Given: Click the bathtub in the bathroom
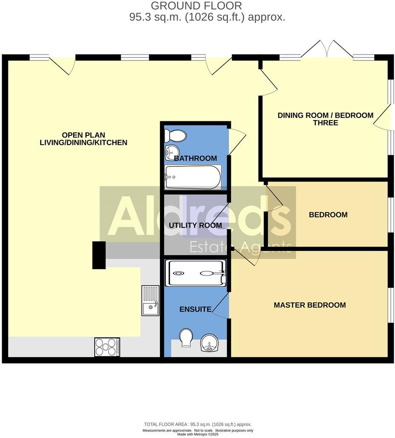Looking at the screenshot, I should click(193, 177).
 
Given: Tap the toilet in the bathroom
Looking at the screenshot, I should click(176, 136).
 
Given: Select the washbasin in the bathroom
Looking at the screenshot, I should click(172, 152).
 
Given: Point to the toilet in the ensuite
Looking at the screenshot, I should click(186, 338).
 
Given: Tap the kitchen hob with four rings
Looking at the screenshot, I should click(107, 347).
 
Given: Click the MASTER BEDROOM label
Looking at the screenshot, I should click(310, 305).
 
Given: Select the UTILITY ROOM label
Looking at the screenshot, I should click(196, 225).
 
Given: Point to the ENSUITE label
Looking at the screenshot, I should click(195, 309).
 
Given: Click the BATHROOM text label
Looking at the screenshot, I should click(196, 158).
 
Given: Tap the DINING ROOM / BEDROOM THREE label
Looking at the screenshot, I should click(325, 119).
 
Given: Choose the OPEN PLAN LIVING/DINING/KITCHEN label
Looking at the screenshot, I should click(83, 139).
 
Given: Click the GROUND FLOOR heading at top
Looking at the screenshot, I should click(196, 6).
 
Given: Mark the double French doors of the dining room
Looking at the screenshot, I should click(327, 49).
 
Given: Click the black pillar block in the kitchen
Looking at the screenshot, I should click(99, 255).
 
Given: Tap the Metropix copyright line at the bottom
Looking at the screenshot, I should click(198, 434).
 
